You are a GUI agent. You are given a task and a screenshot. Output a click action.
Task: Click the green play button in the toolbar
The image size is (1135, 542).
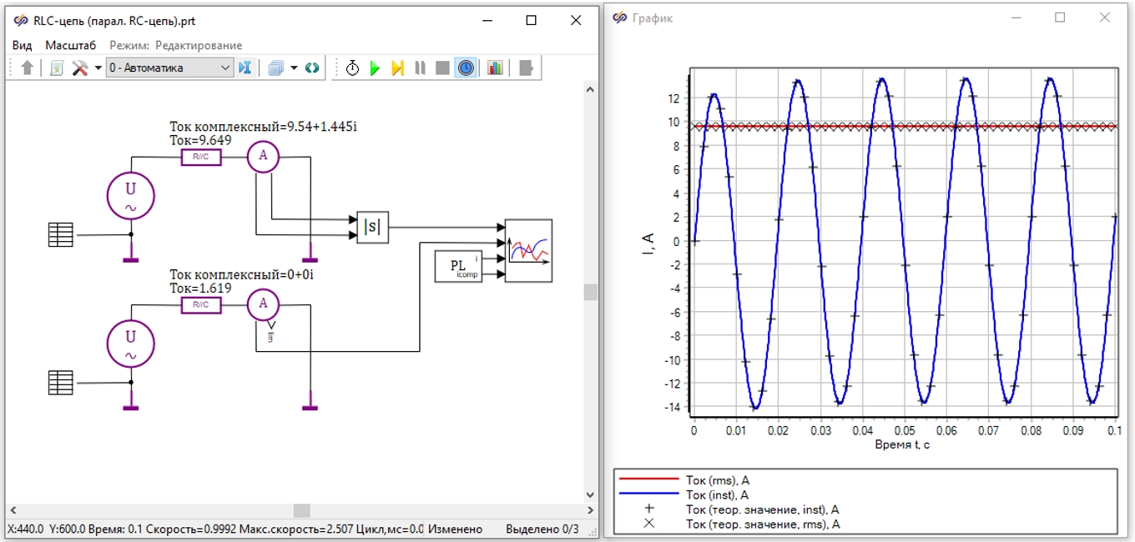[375, 68]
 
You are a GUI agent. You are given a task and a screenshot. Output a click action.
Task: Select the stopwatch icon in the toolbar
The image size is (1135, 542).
[352, 68]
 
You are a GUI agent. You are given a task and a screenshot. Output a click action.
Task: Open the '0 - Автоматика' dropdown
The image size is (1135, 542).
[169, 68]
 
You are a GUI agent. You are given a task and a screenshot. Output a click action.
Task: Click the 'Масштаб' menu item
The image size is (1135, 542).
[70, 46]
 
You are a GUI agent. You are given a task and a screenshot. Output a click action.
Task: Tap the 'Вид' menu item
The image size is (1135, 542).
[22, 46]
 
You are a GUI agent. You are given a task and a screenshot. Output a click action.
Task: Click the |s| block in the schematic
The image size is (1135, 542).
[372, 228]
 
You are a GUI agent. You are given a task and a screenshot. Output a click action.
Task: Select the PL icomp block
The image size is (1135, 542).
[458, 266]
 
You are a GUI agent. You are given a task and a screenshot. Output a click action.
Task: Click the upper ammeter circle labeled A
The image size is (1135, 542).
[263, 157]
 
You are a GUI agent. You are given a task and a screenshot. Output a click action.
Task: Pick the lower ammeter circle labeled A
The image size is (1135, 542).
[263, 304]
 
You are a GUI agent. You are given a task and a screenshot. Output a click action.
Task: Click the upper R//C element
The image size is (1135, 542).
[201, 157]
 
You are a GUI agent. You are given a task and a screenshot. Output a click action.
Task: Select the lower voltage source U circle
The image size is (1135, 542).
[131, 344]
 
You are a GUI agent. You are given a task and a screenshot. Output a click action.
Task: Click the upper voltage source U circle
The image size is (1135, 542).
[131, 196]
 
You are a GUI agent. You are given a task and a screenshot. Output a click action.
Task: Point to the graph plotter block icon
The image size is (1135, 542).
[528, 250]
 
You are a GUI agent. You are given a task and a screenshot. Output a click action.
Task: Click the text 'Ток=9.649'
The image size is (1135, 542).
[200, 140]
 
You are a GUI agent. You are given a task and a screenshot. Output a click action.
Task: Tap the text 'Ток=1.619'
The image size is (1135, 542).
[200, 288]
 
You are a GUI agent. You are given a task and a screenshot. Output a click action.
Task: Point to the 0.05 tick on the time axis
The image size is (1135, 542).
[905, 430]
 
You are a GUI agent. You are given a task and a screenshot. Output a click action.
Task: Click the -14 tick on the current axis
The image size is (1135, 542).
[673, 408]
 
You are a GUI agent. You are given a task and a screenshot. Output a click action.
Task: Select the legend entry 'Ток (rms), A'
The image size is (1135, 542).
[718, 479]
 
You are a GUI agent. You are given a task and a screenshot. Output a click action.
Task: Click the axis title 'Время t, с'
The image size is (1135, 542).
[902, 444]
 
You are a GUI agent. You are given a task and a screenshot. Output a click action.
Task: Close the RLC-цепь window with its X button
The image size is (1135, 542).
[576, 20]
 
